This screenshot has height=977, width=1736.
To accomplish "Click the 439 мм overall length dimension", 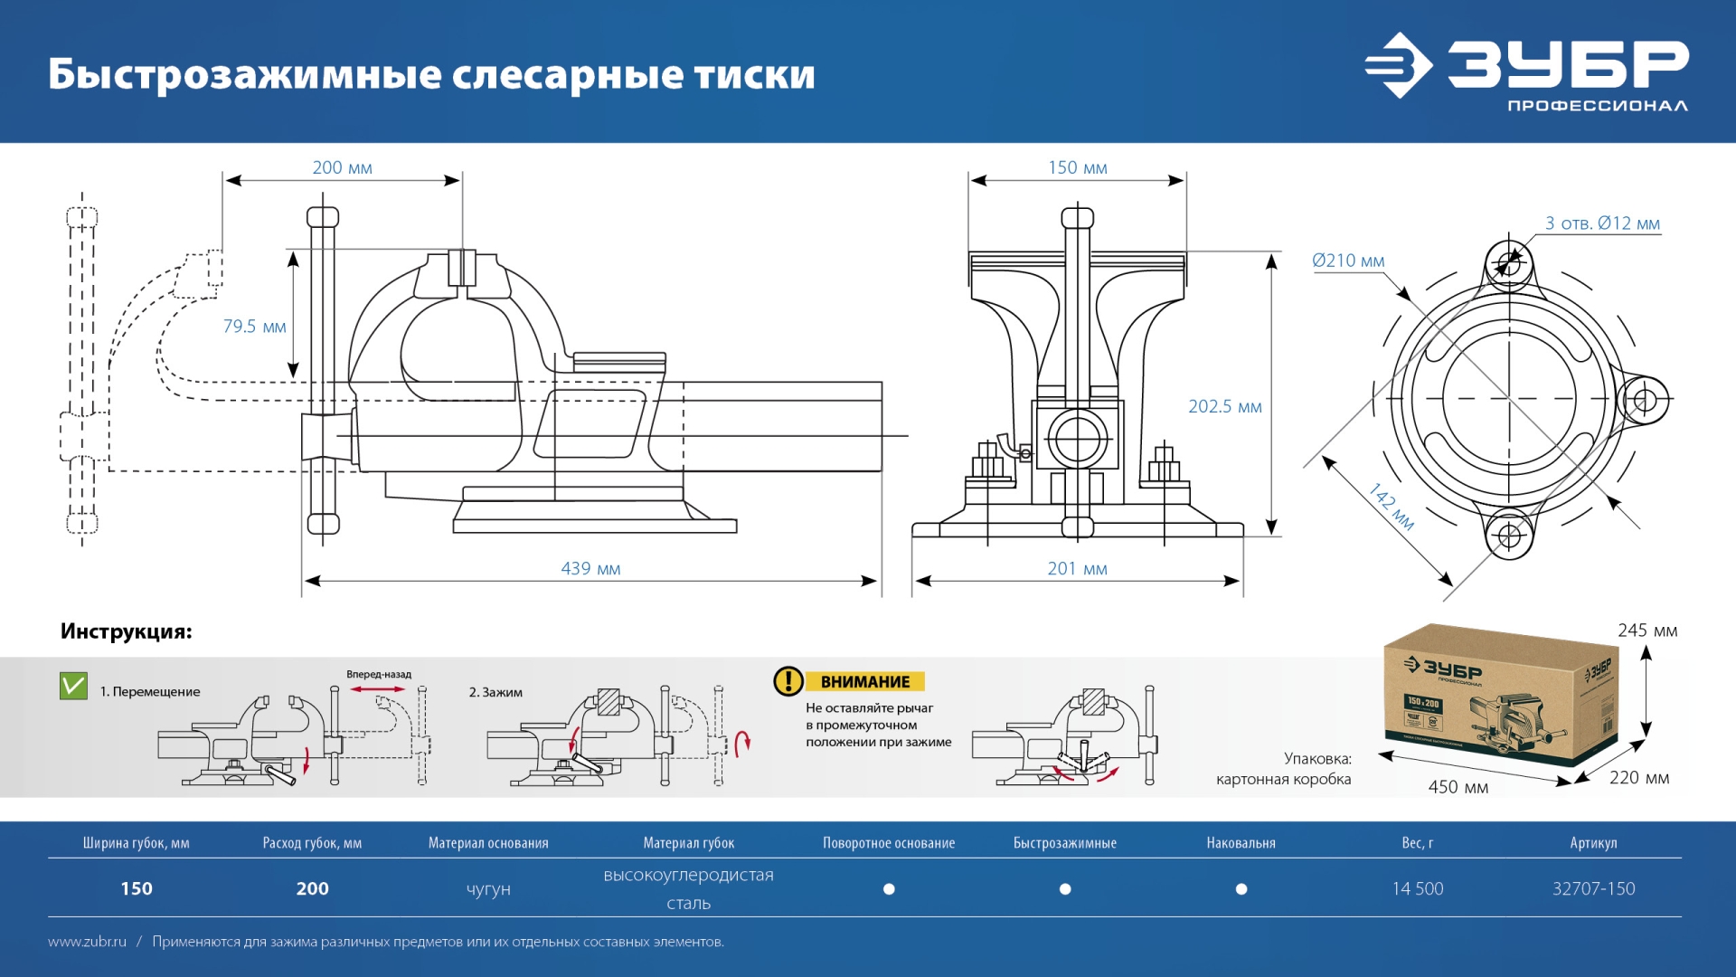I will (590, 569).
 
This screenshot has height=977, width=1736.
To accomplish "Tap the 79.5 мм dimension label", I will (254, 327).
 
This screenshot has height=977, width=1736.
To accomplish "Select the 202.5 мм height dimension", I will (1224, 407).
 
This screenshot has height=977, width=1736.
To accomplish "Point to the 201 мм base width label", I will (1077, 569).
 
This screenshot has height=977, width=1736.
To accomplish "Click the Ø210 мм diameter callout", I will (1348, 261).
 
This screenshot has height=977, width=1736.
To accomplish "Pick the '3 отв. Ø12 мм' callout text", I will (1602, 223).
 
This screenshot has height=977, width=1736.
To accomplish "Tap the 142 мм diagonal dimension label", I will (1391, 507).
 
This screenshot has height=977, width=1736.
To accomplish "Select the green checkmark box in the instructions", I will (73, 687).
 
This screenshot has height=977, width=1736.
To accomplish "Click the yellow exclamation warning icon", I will (788, 681).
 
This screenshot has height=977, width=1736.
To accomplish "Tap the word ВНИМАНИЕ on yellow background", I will (865, 682).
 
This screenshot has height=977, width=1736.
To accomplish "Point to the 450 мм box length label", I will (1458, 787).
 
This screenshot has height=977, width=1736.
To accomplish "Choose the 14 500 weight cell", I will (1417, 889).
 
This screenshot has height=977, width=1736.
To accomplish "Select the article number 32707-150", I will (1593, 889).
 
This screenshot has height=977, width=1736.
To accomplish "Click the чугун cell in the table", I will (488, 889).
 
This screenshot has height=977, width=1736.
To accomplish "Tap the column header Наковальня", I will (1241, 843).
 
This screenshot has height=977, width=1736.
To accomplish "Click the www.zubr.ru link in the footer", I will (87, 942).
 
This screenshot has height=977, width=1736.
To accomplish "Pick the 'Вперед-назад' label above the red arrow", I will (379, 675).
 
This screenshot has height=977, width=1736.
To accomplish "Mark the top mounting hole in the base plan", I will (1508, 264).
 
